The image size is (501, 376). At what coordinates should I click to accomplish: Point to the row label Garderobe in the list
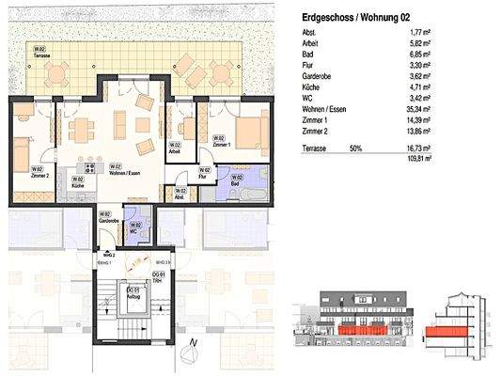(x=315, y=78)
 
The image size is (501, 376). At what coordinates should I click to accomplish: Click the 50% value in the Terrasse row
(x=355, y=149)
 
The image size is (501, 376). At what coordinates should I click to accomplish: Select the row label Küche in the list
(x=310, y=88)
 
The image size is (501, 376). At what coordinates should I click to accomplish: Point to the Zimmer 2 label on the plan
(x=39, y=173)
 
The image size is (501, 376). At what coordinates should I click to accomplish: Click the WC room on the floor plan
(x=136, y=229)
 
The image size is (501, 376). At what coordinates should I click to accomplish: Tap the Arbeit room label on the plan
(x=175, y=148)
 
